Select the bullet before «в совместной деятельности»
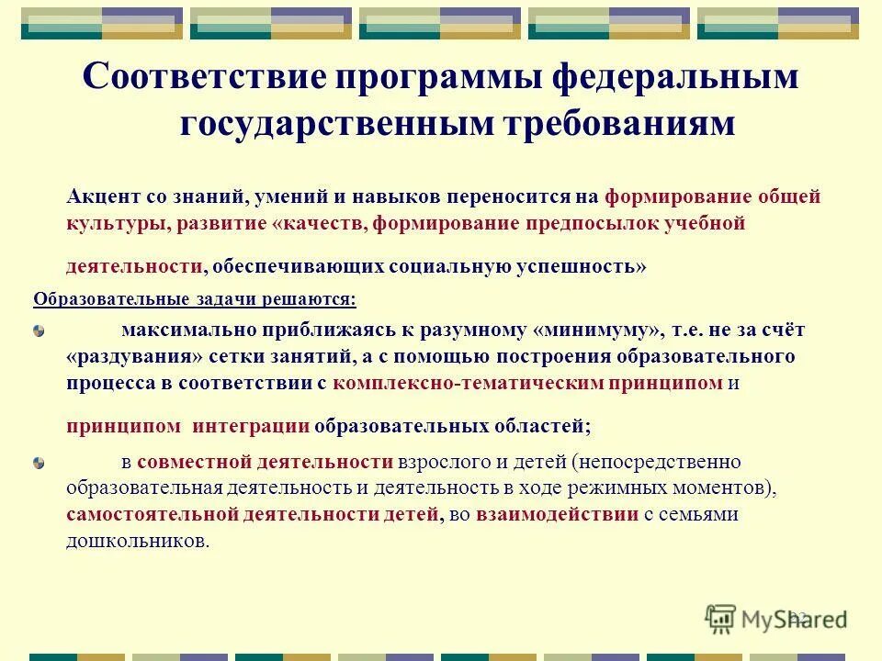coord(39,462)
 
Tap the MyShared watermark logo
coord(775,618)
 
